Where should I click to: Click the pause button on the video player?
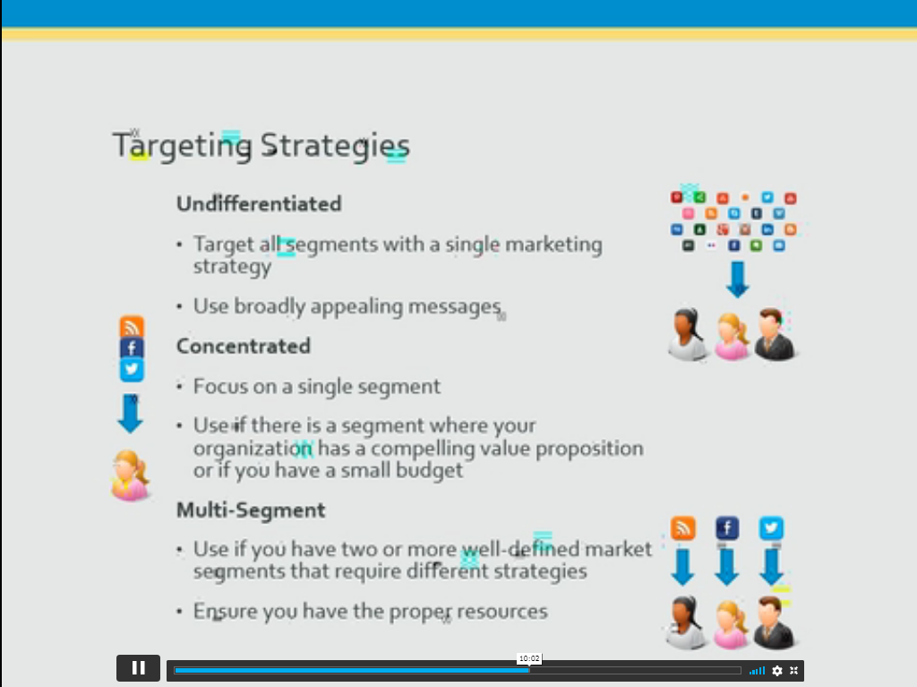138,667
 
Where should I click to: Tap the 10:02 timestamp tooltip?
529,658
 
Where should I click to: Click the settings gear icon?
777,671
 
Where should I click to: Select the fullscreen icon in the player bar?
794,671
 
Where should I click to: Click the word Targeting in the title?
183,145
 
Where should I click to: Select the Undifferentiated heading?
259,203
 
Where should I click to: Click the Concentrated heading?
244,346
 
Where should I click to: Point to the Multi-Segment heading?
251,511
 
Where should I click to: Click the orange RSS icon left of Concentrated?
132,327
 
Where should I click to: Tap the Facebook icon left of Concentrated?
132,348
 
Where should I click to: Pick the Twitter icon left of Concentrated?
132,370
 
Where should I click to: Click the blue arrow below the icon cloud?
738,279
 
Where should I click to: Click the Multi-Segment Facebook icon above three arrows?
727,528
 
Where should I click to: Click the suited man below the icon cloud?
775,334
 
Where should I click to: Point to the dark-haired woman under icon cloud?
688,334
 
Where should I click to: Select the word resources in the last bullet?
502,612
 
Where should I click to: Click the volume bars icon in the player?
758,671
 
